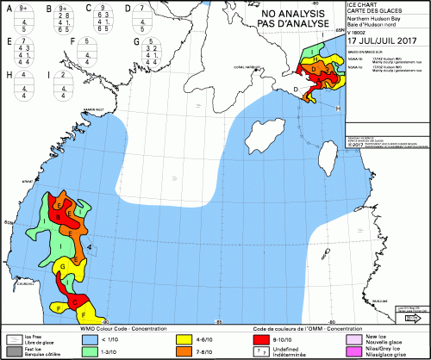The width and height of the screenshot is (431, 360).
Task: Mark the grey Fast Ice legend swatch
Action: (x=13, y=351)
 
